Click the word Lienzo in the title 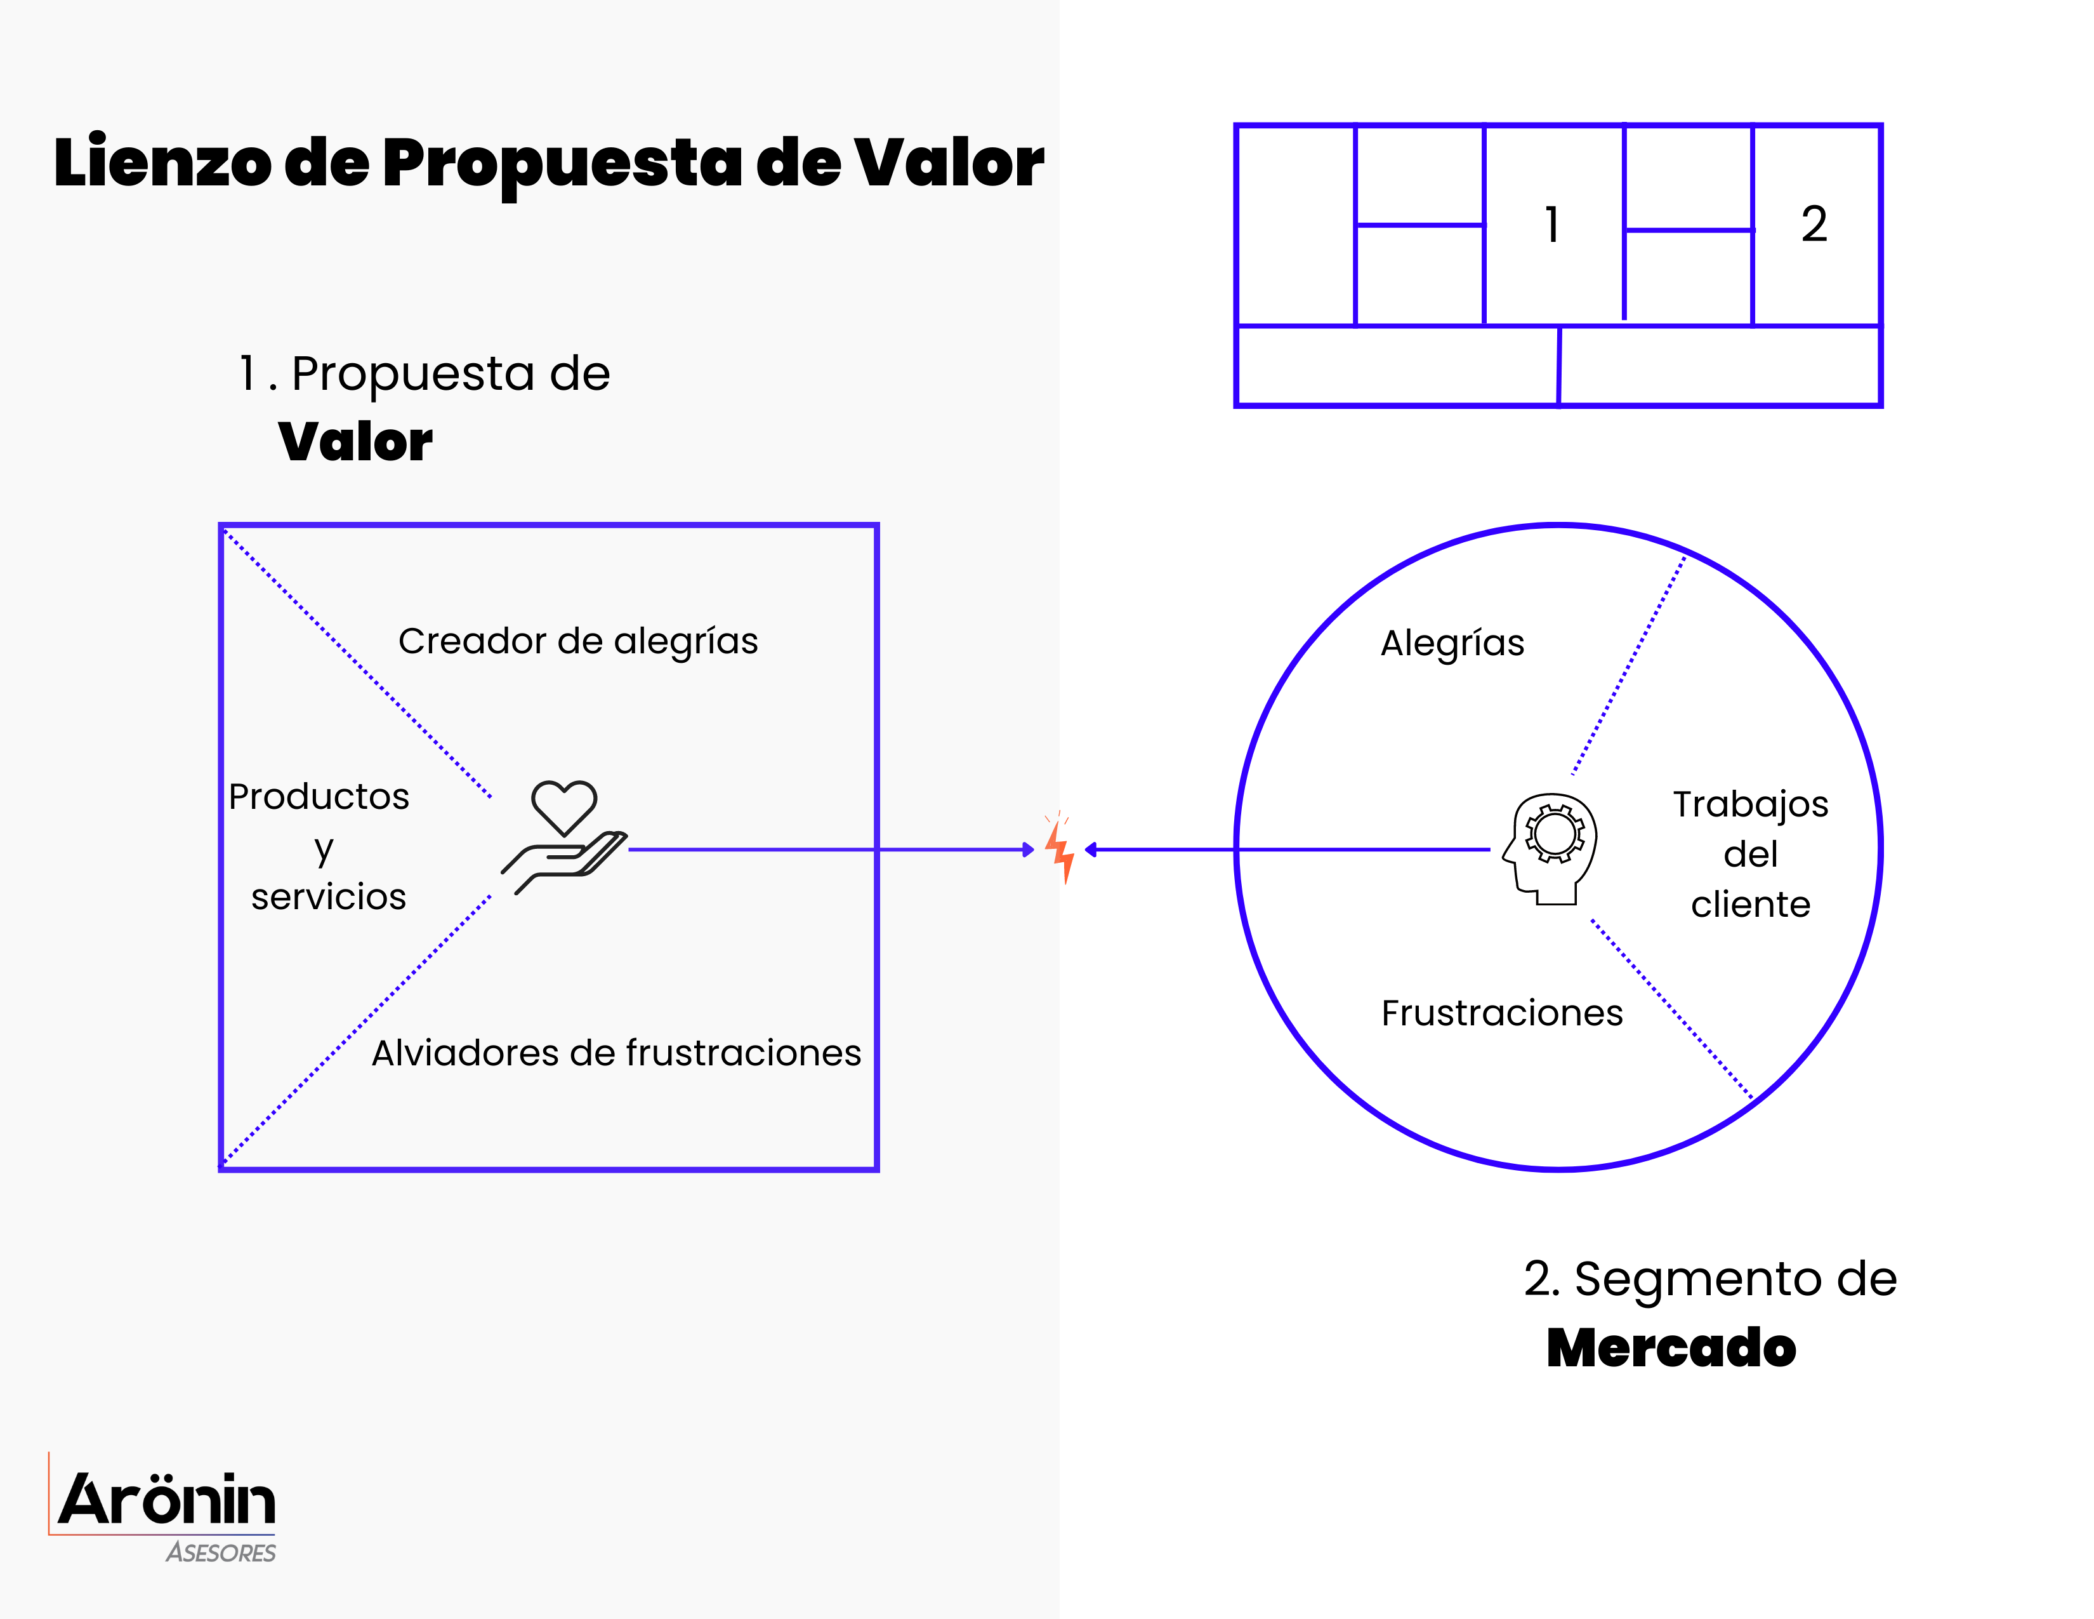tap(163, 163)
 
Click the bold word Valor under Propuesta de tap(355, 442)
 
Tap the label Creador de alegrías tap(578, 641)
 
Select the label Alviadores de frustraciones tap(617, 1053)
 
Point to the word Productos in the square tap(319, 797)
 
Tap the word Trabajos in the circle tap(1751, 804)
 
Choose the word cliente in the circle tap(1751, 905)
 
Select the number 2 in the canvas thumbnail tap(1814, 224)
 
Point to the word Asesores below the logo tap(221, 1553)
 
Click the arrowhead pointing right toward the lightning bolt tap(1028, 849)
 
